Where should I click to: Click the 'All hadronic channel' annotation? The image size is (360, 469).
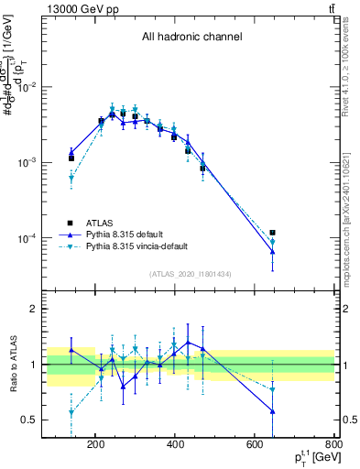pyautogui.click(x=191, y=38)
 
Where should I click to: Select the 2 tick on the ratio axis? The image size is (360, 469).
pyautogui.click(x=57, y=309)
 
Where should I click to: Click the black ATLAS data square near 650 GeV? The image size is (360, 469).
pyautogui.click(x=272, y=233)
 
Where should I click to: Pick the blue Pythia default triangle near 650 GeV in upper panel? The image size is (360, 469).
pyautogui.click(x=272, y=251)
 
